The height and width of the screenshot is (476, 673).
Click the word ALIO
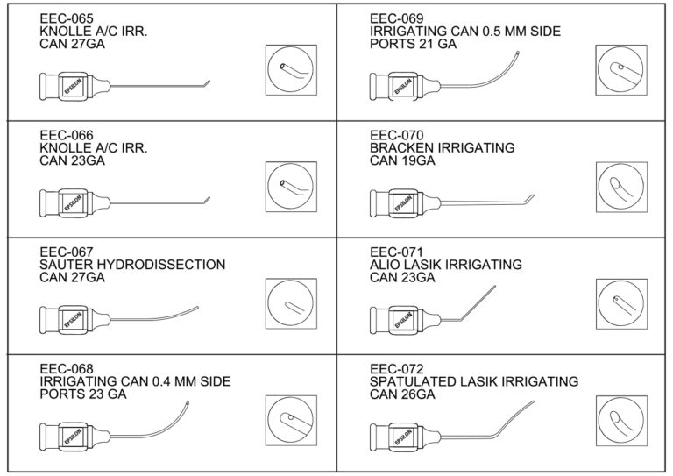(x=386, y=264)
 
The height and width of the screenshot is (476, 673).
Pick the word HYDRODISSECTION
(x=165, y=264)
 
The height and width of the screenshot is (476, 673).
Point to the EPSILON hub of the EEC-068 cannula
(x=74, y=435)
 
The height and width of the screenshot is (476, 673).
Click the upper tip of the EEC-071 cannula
(x=494, y=287)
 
